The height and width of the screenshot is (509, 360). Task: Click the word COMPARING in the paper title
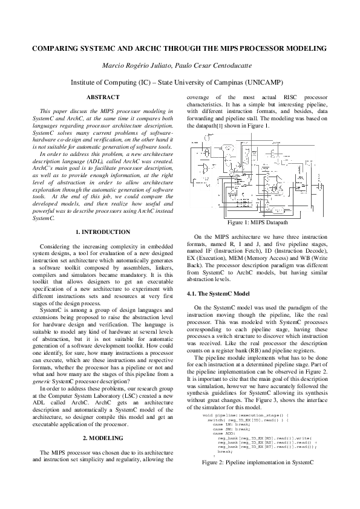click(54, 48)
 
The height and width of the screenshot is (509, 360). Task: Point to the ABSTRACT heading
click(103, 97)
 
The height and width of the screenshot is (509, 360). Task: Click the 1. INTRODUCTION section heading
click(103, 232)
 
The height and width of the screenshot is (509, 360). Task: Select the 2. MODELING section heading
click(103, 438)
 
